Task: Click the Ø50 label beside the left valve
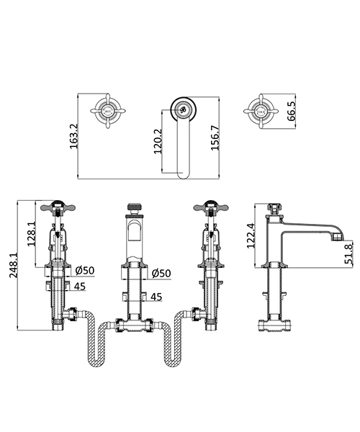[x=85, y=272]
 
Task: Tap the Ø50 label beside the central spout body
[x=160, y=272]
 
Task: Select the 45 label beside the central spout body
[x=156, y=295]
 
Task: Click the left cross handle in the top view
[x=106, y=111]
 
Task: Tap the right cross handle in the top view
[x=259, y=111]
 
